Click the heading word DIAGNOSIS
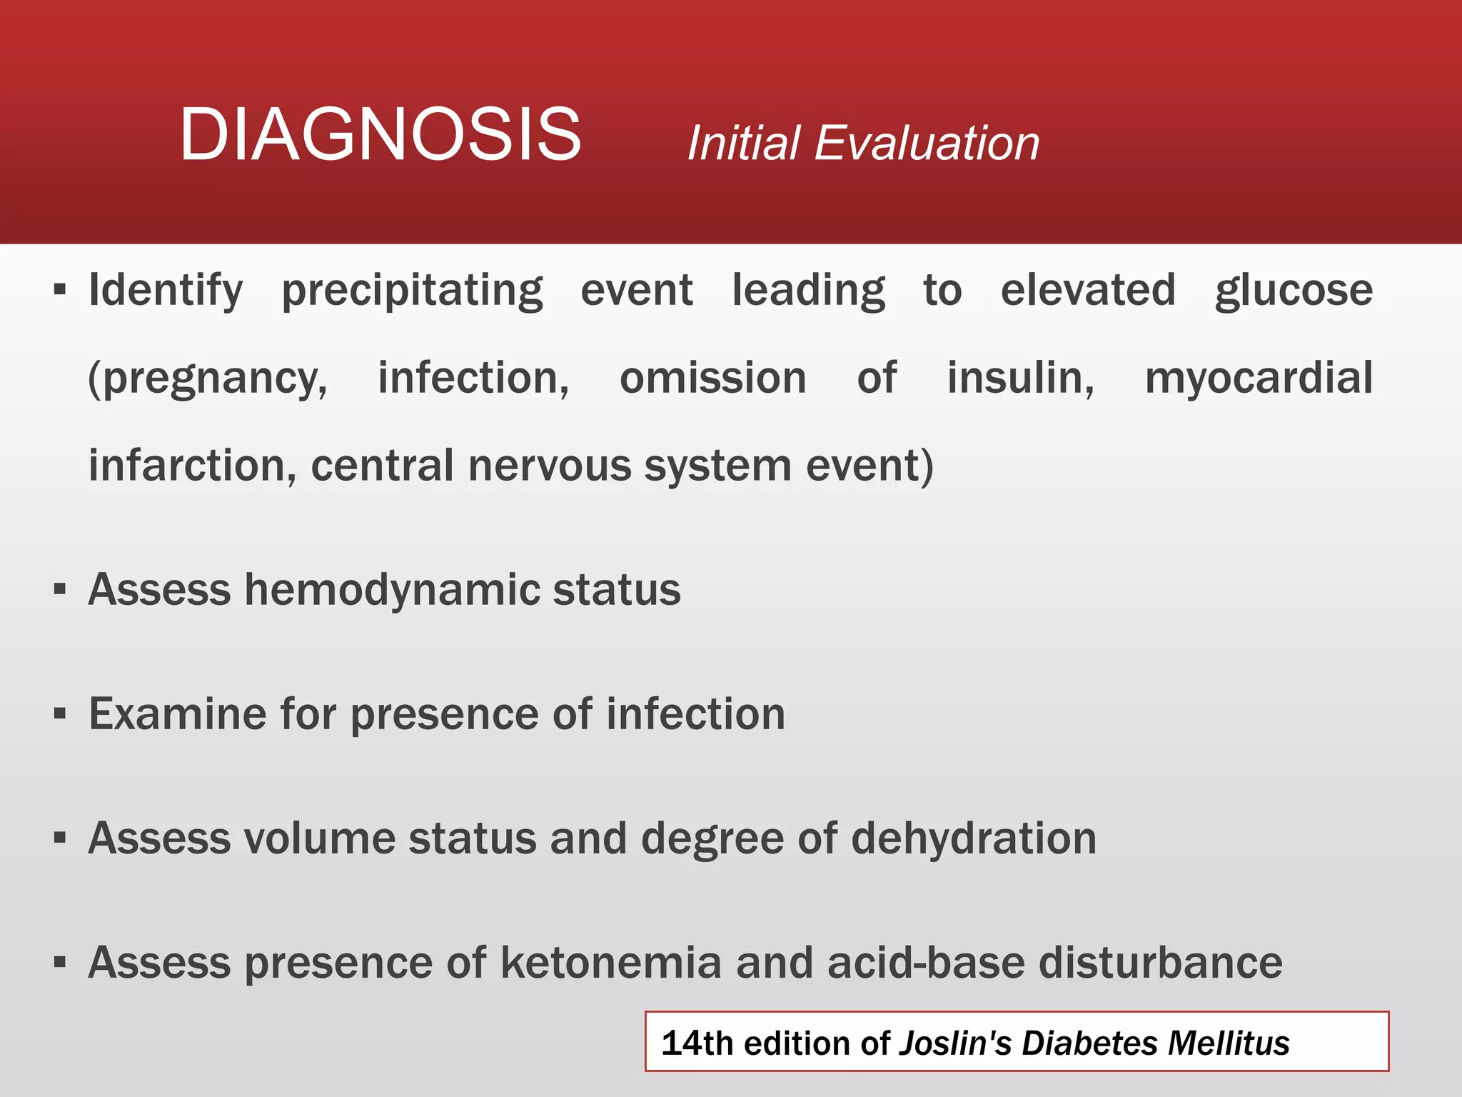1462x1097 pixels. pos(380,134)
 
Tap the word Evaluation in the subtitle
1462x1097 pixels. pos(926,143)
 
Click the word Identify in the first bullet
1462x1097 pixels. pos(165,291)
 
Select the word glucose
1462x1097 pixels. pos(1294,291)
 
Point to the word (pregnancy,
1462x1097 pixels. pos(207,379)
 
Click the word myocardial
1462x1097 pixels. pos(1259,379)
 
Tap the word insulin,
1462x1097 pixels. pos(1020,377)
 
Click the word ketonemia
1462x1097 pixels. pos(611,962)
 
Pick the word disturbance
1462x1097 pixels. pos(1160,962)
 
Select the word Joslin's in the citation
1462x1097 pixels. pos(954,1043)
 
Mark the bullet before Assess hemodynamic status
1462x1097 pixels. pos(60,590)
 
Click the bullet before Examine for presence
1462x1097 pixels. pos(60,713)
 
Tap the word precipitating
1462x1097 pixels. pos(412,291)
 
